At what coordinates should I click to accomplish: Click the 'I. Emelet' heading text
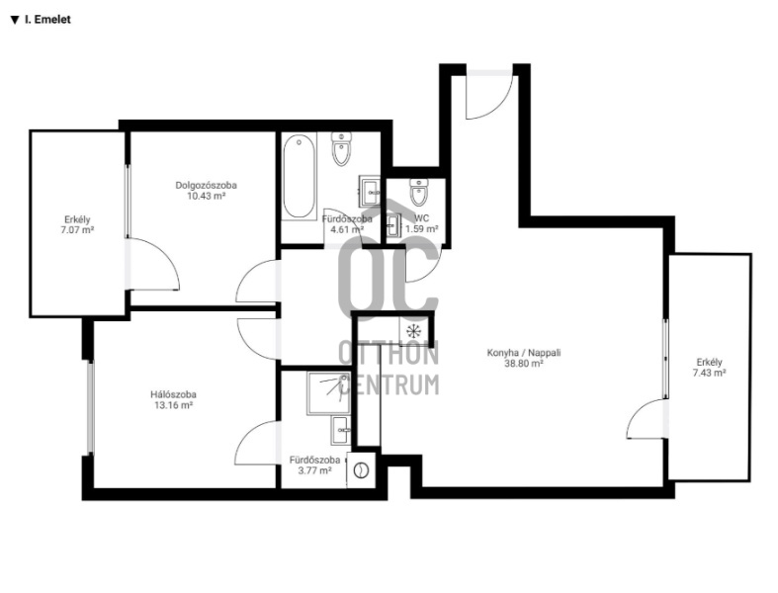[47, 20]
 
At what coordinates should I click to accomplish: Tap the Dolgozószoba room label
[206, 185]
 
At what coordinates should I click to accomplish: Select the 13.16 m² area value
[173, 405]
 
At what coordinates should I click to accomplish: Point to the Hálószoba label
[173, 394]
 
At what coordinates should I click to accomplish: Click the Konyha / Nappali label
[524, 353]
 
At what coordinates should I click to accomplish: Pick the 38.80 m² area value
[524, 364]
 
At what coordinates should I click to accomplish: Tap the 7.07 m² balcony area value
[77, 230]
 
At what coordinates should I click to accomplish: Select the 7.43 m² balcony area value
[709, 373]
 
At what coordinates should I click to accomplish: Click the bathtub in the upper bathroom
[300, 177]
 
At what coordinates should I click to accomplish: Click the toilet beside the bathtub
[341, 149]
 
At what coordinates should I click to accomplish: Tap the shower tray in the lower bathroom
[328, 393]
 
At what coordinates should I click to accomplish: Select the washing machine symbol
[362, 469]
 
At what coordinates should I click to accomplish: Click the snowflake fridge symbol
[413, 330]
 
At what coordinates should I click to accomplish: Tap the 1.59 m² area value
[422, 228]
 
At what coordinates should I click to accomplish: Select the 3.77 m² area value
[314, 470]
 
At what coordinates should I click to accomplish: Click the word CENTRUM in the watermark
[389, 384]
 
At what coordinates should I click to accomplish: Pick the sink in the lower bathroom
[340, 430]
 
